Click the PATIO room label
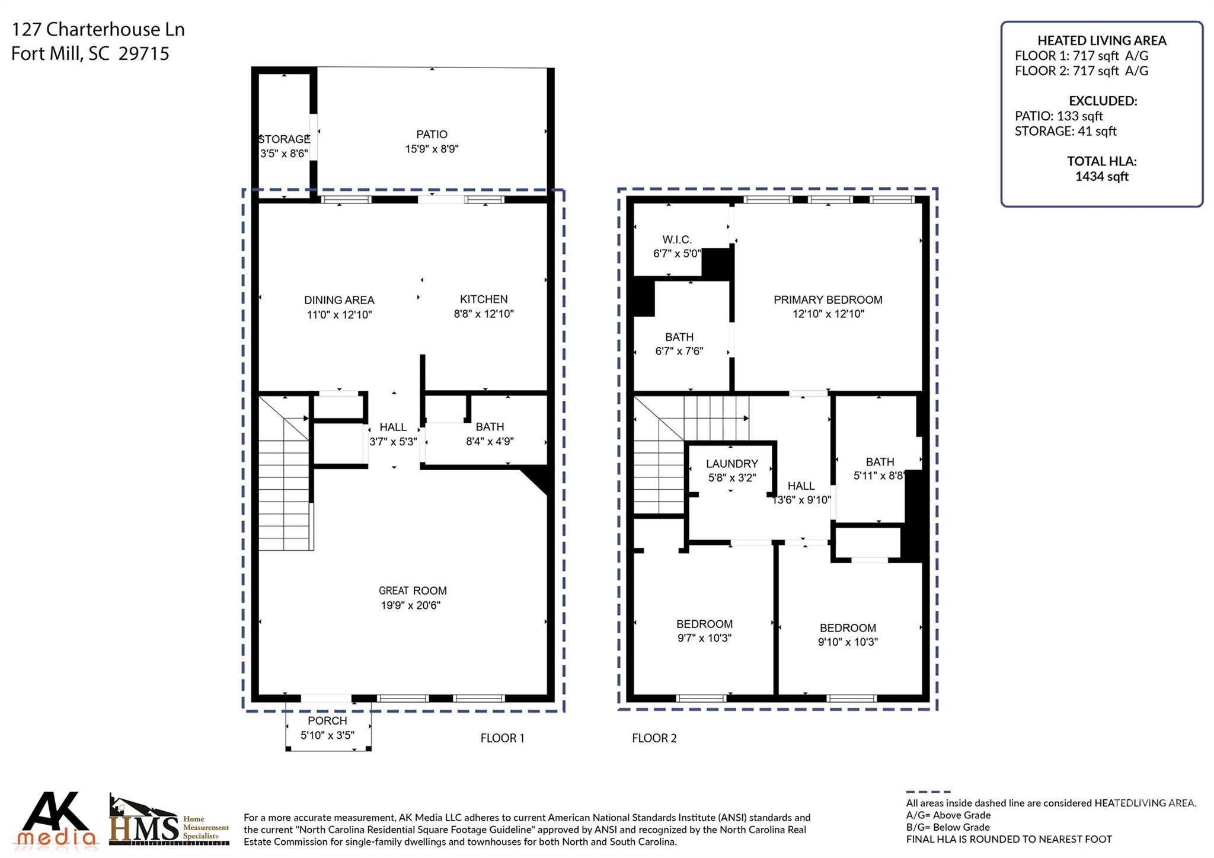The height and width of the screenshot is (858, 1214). [x=432, y=135]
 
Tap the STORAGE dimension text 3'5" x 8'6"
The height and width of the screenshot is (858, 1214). [x=285, y=154]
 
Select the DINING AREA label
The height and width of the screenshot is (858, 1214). [x=339, y=300]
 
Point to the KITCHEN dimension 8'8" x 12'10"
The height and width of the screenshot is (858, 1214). [x=484, y=314]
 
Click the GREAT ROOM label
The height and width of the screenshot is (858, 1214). [x=413, y=591]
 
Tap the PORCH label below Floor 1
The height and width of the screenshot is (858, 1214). [x=327, y=721]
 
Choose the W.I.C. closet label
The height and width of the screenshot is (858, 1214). [x=677, y=240]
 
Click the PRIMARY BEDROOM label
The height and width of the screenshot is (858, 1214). [x=828, y=300]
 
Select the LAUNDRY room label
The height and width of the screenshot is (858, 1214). [x=732, y=464]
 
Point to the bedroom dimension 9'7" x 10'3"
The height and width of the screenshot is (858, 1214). [x=704, y=638]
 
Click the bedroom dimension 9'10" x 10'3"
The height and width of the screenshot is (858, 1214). [x=848, y=642]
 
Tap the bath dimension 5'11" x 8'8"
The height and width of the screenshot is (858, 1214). [x=880, y=476]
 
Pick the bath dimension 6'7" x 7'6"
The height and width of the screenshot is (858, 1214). [x=679, y=351]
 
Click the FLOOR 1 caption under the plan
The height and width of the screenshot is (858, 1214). [x=502, y=738]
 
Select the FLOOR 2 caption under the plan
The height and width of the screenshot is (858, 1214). [x=654, y=738]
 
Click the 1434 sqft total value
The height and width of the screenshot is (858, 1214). [x=1102, y=177]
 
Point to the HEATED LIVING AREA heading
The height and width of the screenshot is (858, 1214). [x=1102, y=41]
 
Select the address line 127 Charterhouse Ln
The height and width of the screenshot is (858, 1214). [x=98, y=30]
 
